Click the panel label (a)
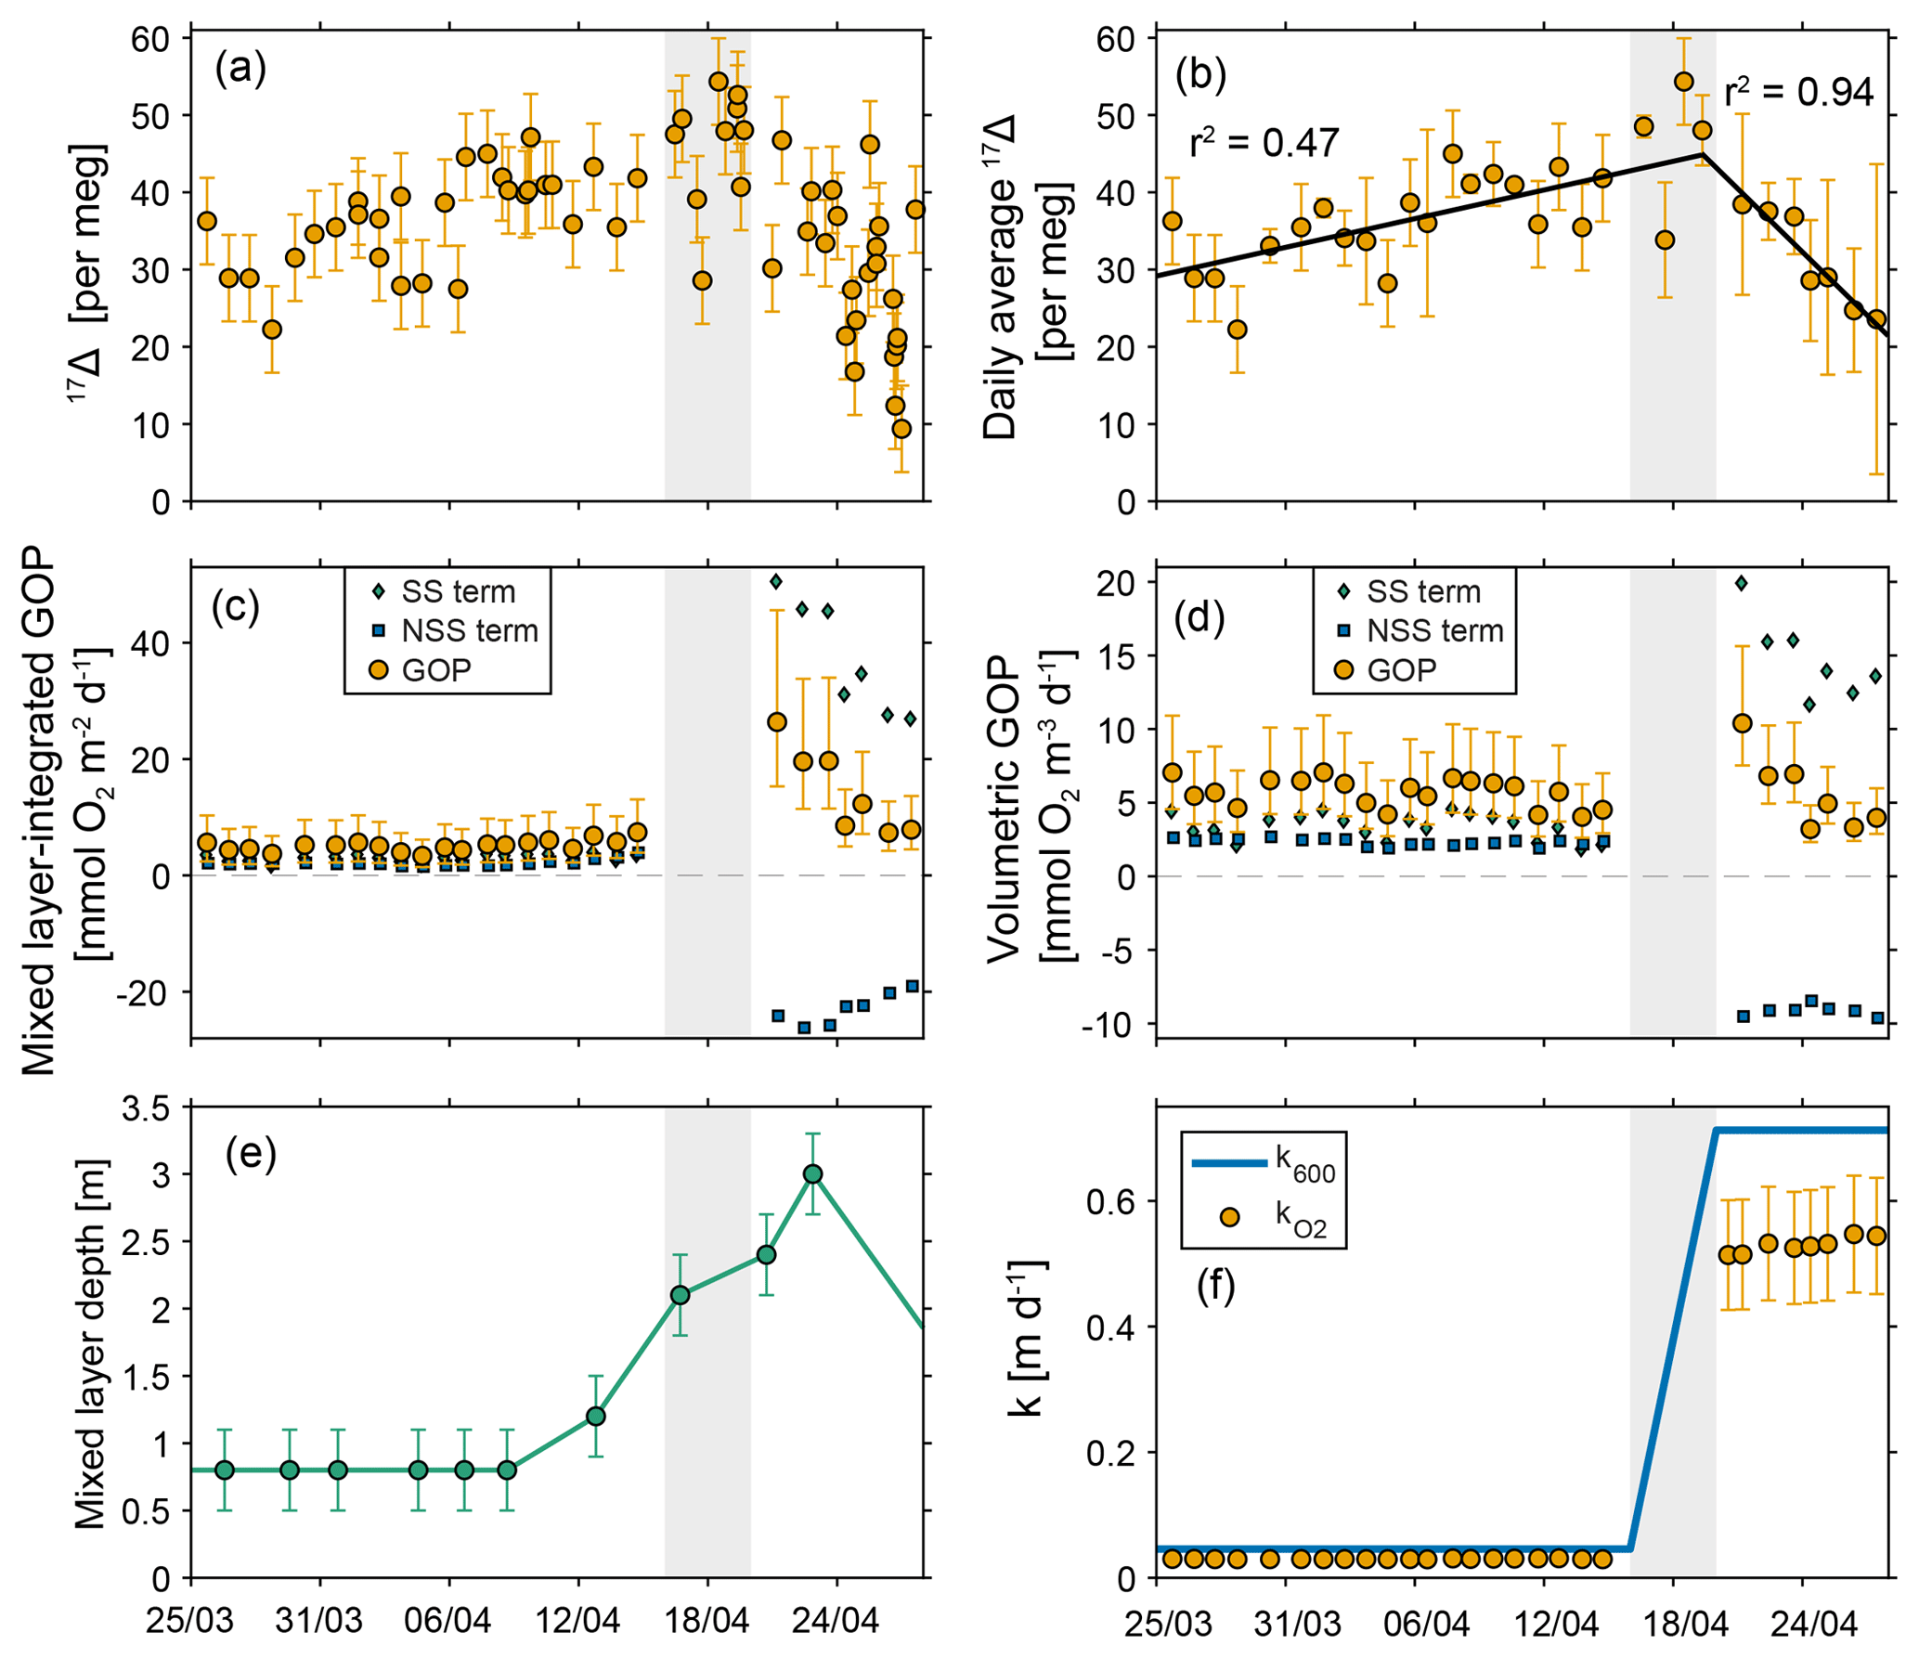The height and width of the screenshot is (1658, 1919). [x=240, y=70]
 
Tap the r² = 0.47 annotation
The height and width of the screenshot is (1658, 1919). [x=1264, y=143]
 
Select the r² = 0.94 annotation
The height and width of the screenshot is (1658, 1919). [x=1798, y=92]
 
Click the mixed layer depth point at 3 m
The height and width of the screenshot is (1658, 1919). [x=813, y=1174]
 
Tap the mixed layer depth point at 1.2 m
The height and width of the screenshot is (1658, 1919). [x=596, y=1417]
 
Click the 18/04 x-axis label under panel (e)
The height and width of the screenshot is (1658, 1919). [x=707, y=1622]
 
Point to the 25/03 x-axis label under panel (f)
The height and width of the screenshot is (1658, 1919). [x=1168, y=1625]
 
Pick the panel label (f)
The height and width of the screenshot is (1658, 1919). [x=1215, y=1287]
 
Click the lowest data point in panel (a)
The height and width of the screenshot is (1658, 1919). [x=901, y=429]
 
